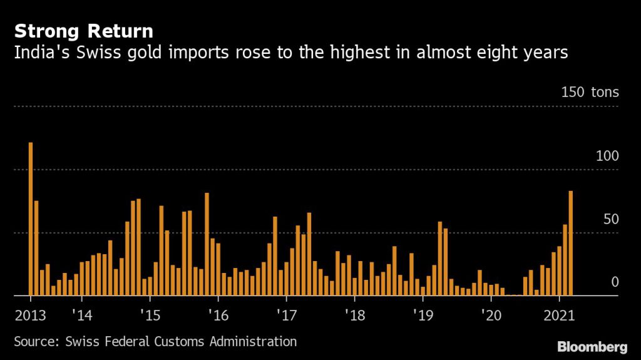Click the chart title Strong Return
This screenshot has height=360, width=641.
click(84, 31)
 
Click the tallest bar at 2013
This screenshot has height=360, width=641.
click(31, 219)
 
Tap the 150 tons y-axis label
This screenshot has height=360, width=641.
click(590, 93)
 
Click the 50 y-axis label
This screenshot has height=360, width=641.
click(611, 219)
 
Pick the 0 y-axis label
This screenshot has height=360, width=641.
click(615, 282)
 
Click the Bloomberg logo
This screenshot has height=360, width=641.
click(592, 346)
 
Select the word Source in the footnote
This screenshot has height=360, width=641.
click(34, 342)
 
